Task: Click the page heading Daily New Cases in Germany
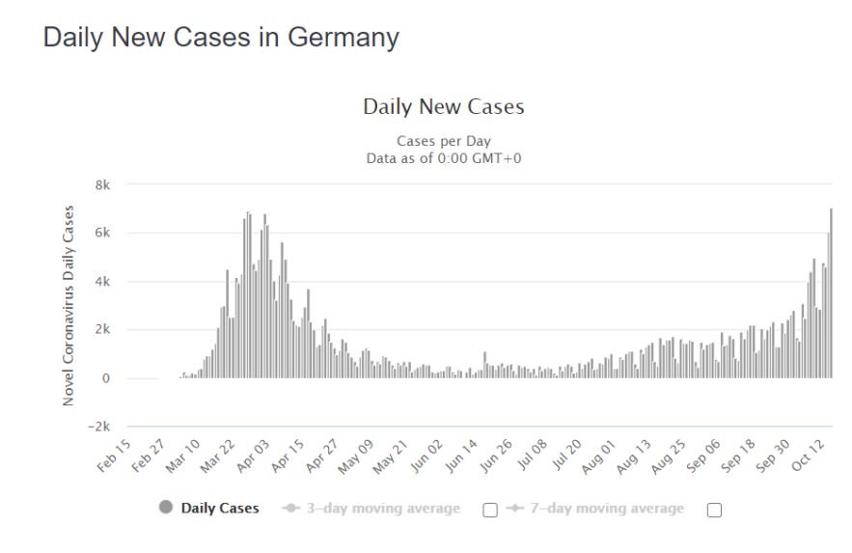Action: (x=221, y=38)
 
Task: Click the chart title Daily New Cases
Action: (x=443, y=107)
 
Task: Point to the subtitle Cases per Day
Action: (x=443, y=142)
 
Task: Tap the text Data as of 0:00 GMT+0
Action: (x=443, y=158)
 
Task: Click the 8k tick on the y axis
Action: (x=100, y=184)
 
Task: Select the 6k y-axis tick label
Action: (x=100, y=233)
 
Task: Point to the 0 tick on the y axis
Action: (x=107, y=378)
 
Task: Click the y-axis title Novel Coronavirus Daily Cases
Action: (x=69, y=305)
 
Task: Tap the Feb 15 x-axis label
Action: (x=115, y=456)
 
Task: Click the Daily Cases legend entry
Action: (x=220, y=509)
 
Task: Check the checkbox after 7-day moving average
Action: (x=714, y=511)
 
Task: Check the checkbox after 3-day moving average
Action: (x=490, y=511)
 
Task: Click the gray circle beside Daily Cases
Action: (x=167, y=509)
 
